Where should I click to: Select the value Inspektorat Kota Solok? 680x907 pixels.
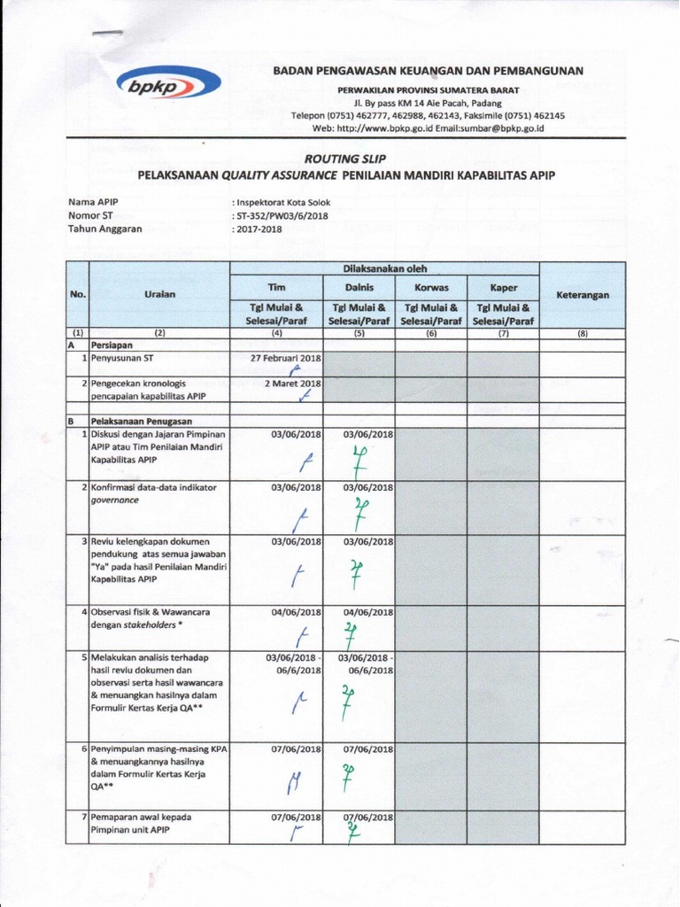[282, 202]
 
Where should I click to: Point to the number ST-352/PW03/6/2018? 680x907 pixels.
[281, 214]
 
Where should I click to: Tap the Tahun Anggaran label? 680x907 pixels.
[105, 228]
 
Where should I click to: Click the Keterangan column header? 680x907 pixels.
[583, 295]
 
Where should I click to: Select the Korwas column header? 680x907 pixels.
[431, 288]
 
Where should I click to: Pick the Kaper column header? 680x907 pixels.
[504, 288]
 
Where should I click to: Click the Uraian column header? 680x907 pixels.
[159, 294]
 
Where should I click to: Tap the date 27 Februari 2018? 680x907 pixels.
[287, 358]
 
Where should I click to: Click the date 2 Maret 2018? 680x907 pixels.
[293, 384]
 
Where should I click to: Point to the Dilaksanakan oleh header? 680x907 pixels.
[384, 268]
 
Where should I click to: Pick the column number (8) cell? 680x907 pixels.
[583, 334]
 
